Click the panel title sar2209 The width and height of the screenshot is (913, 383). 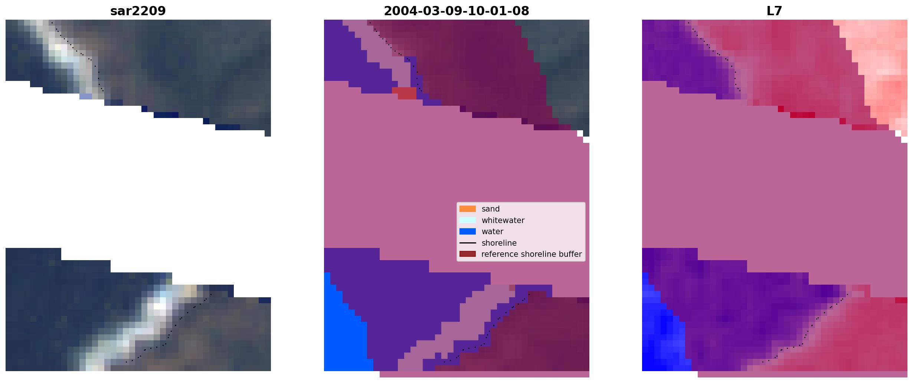tap(138, 11)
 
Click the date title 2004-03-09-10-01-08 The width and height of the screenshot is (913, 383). tap(456, 11)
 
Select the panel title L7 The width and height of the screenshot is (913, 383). tap(775, 11)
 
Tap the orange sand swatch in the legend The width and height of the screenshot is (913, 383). tap(468, 209)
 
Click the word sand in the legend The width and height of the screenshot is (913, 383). tap(491, 209)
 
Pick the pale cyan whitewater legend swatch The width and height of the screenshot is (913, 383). tap(468, 220)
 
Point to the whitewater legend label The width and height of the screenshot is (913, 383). tap(503, 220)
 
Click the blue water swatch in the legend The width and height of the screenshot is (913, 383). tap(468, 232)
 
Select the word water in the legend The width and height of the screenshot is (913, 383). tap(493, 232)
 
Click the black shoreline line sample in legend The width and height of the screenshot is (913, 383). tap(468, 243)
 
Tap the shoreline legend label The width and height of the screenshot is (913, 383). tap(499, 243)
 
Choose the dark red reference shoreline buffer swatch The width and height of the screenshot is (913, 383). tap(468, 254)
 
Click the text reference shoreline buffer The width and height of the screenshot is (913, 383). tap(531, 254)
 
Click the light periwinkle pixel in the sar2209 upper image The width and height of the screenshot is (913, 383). tap(86, 96)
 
